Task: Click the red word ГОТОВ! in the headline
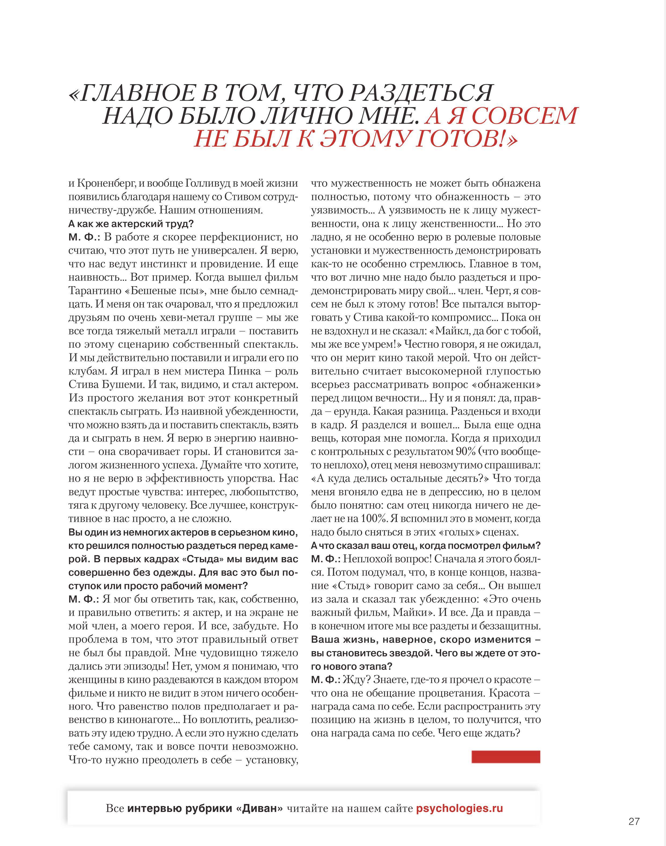[x=466, y=139]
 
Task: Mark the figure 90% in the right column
[x=466, y=452]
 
